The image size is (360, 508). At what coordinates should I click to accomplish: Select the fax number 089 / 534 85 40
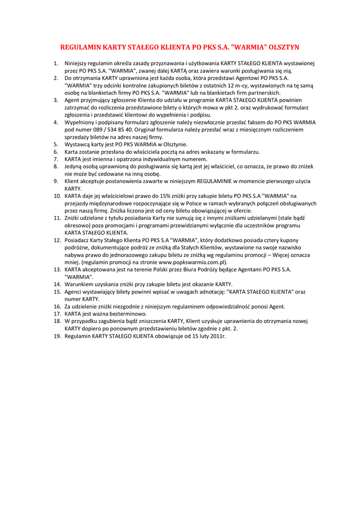[x=108, y=129]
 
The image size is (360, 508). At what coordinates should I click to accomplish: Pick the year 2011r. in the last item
[x=216, y=336]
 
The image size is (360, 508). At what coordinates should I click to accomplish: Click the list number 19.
[x=57, y=336]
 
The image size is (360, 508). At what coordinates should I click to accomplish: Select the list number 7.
[x=56, y=159]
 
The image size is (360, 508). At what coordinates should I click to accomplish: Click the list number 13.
[x=57, y=269]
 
